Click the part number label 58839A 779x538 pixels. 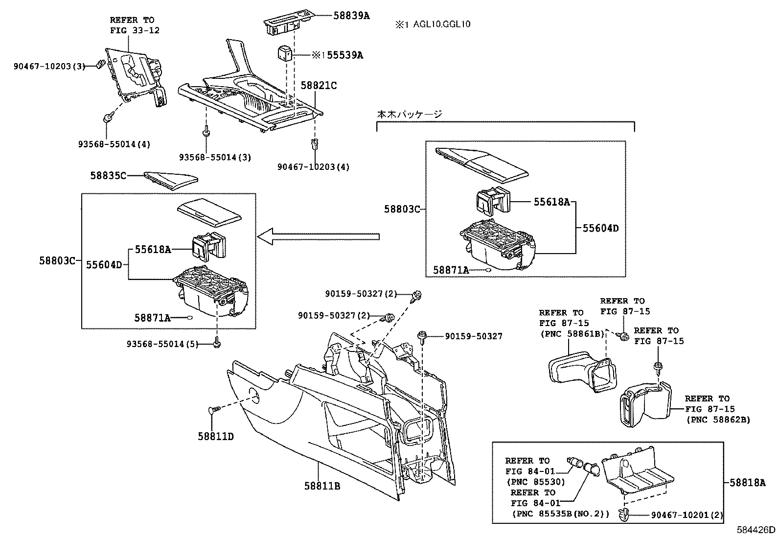click(351, 16)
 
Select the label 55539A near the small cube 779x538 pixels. click(344, 55)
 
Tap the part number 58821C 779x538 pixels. click(319, 86)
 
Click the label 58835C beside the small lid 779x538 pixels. click(108, 175)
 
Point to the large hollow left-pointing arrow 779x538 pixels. click(318, 237)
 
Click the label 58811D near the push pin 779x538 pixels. click(216, 436)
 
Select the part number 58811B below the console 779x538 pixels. click(322, 486)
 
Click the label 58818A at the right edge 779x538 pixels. click(747, 483)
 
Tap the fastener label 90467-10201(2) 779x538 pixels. click(687, 515)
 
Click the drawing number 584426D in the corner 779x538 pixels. click(757, 530)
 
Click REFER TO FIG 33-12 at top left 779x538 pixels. click(132, 25)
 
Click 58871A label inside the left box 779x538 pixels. click(152, 318)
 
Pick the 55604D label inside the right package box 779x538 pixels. click(600, 228)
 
